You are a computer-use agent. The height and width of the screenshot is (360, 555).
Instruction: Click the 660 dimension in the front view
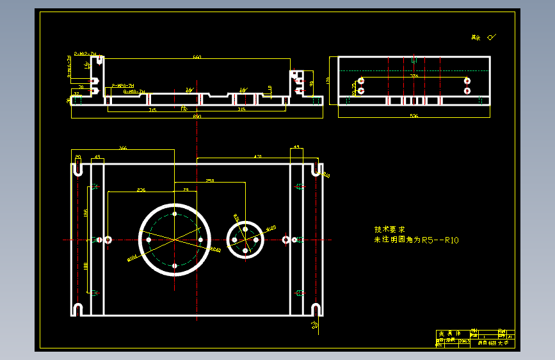pos(197,58)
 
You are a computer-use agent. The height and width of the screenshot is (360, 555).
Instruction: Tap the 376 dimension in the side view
pos(414,76)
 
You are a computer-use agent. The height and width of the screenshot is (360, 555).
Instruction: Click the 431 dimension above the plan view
pos(258,156)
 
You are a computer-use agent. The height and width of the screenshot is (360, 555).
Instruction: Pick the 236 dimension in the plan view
pos(141,190)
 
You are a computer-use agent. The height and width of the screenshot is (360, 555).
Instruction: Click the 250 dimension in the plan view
pos(210,181)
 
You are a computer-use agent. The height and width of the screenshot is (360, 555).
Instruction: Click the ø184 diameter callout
pos(133,258)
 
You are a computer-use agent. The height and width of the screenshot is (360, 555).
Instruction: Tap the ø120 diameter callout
pos(270,228)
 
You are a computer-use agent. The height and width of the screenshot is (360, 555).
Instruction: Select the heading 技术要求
pos(389,229)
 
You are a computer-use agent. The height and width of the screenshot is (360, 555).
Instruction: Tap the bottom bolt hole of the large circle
pos(175,265)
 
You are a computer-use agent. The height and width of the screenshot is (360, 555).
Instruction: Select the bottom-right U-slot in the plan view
pos(315,310)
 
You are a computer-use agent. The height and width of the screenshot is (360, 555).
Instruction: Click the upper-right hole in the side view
pos(467,81)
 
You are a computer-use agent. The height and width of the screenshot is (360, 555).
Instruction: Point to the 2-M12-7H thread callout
pos(85,55)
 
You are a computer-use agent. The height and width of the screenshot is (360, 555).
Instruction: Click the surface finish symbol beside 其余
pos(492,37)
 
